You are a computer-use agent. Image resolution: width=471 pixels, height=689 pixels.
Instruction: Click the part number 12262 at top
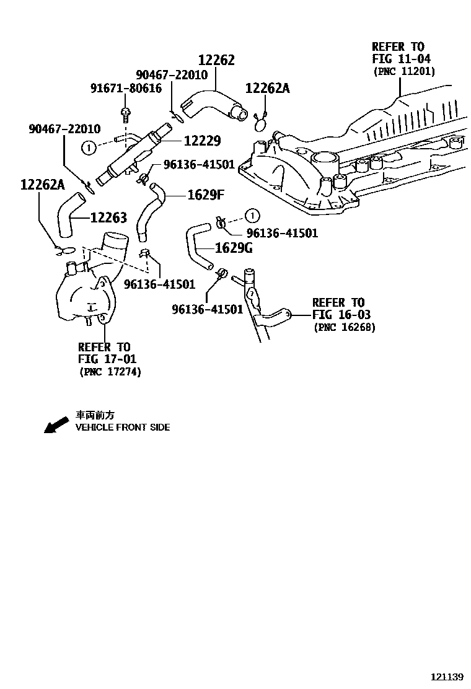216,60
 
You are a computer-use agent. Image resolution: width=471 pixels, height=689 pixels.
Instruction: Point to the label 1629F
205,196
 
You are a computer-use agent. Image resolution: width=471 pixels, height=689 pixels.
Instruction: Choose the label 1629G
234,248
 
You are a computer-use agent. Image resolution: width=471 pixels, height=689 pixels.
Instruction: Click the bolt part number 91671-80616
126,88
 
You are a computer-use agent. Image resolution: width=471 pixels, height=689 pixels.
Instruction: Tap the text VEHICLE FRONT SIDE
122,428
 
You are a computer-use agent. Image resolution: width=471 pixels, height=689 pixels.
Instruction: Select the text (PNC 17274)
110,372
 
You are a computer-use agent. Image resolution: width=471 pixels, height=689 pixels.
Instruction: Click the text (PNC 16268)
345,327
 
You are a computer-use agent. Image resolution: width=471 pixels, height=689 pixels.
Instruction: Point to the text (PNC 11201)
403,72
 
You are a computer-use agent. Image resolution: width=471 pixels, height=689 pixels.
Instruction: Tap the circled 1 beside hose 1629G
252,215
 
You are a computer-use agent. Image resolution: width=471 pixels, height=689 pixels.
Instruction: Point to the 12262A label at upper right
267,89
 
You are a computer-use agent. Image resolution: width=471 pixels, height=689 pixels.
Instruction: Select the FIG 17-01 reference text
107,359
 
